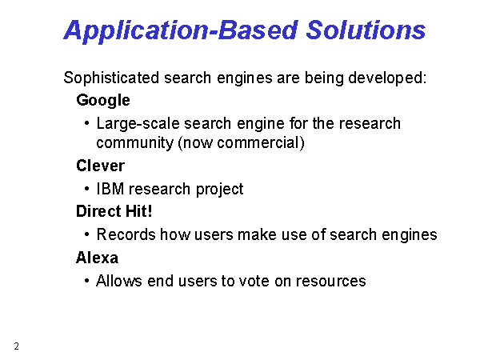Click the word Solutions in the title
(x=366, y=30)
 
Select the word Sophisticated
(x=111, y=78)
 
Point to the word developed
(x=387, y=78)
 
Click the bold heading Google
(x=103, y=101)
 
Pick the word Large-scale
(x=138, y=124)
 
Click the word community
(x=135, y=143)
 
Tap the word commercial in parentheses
(x=258, y=142)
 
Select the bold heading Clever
(x=101, y=166)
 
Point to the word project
(x=219, y=190)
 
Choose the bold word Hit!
(x=139, y=211)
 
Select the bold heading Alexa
(x=97, y=258)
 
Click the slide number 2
(x=17, y=346)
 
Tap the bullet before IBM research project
(x=87, y=189)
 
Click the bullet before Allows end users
(x=87, y=281)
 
